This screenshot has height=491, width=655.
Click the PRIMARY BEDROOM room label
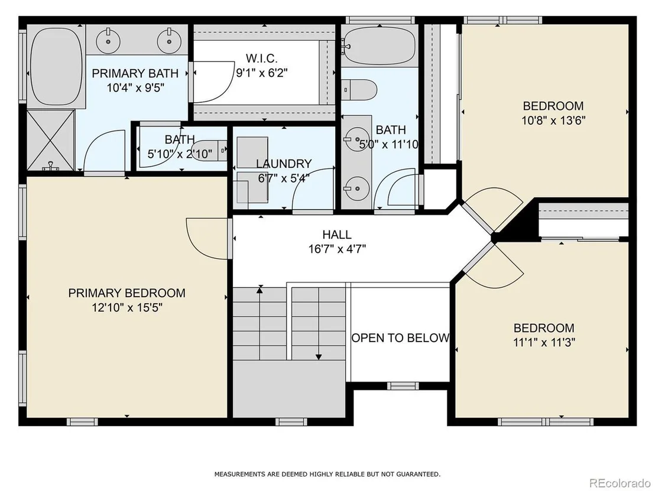127,292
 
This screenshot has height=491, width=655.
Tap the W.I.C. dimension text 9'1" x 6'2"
262,73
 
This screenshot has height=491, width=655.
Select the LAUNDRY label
284,163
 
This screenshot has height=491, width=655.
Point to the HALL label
337,234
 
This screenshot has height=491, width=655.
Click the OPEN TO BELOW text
401,337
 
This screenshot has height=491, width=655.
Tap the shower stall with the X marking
51,140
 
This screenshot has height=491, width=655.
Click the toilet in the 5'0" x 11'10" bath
360,90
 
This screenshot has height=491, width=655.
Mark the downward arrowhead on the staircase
319,357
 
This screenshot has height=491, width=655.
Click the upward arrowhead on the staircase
260,288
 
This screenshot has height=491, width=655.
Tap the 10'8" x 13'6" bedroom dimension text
553,121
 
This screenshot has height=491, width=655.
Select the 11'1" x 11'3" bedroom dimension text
544,342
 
